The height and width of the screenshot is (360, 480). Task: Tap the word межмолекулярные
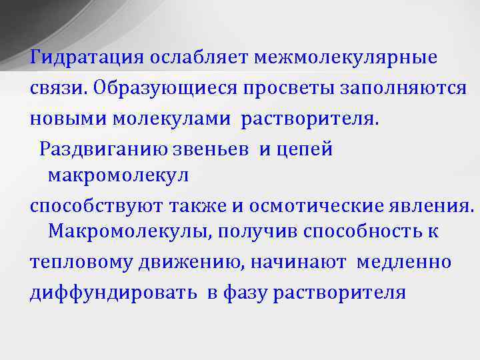click(x=345, y=57)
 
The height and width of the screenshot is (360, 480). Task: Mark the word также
click(x=197, y=206)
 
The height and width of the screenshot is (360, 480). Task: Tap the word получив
click(x=267, y=232)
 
